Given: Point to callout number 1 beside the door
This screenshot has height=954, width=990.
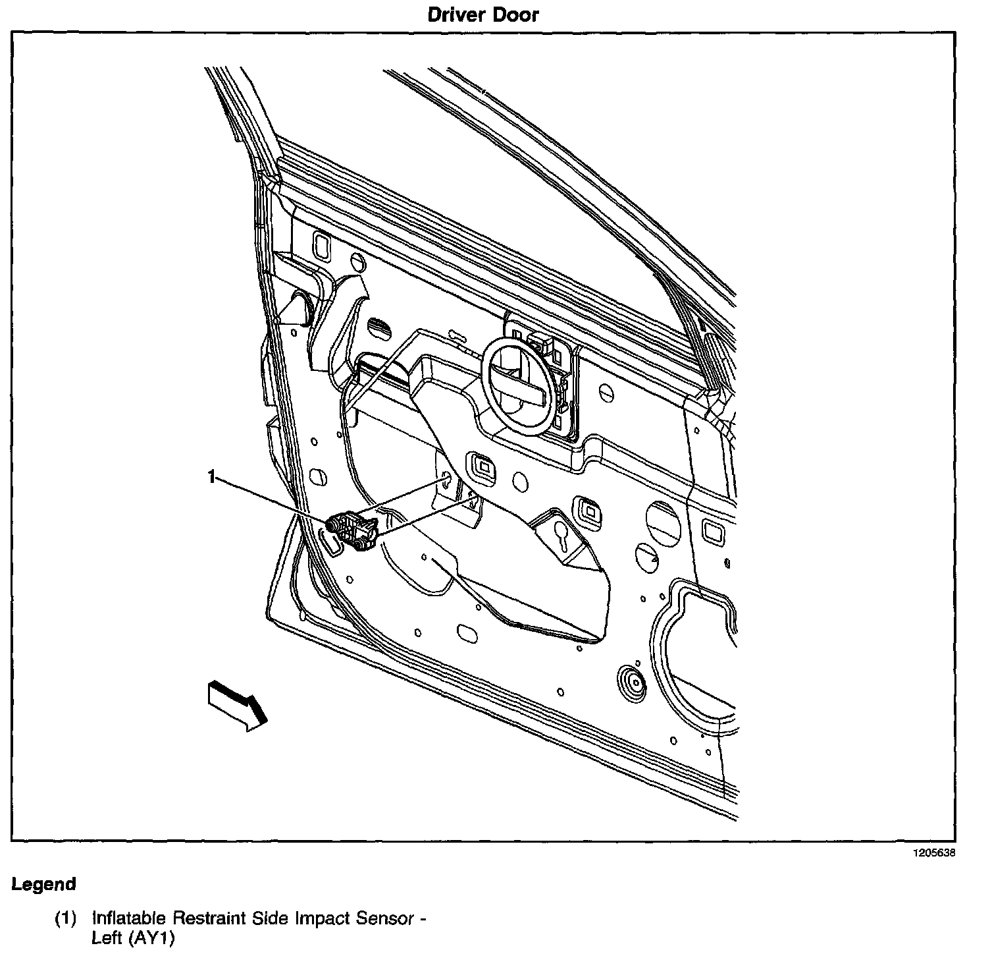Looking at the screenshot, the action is pos(211,476).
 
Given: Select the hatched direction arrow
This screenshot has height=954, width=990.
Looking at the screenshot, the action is pos(237,705).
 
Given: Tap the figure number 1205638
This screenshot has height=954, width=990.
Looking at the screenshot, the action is pos(933,853).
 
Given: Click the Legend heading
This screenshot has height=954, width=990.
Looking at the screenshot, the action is pos(43,884).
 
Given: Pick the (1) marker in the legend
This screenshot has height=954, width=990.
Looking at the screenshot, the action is pos(65,918).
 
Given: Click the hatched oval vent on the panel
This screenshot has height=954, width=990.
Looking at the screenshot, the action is pos(379,327).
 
